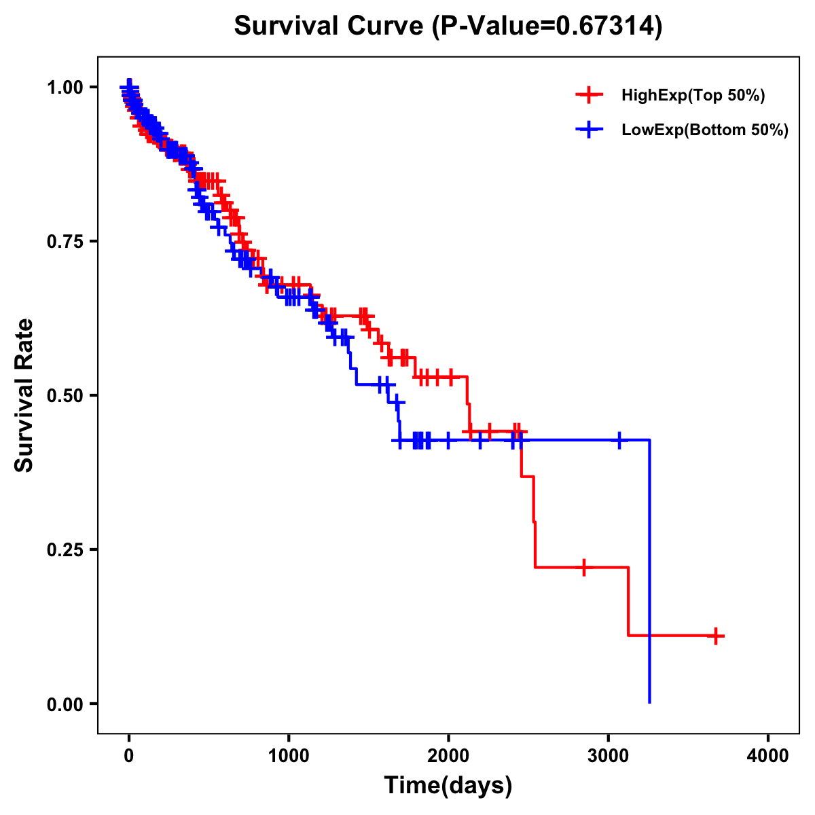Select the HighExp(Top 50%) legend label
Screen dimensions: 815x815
(x=693, y=95)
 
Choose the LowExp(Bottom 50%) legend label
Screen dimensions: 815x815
(x=705, y=130)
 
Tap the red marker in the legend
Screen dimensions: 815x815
(x=589, y=95)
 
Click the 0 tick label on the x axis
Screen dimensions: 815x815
(x=129, y=756)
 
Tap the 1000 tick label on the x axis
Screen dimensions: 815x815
(x=289, y=756)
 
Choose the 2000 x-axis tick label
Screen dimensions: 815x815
(x=448, y=756)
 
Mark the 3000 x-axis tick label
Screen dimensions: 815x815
(x=609, y=756)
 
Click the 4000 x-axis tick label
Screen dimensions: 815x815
(x=768, y=756)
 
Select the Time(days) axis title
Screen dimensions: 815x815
(x=448, y=786)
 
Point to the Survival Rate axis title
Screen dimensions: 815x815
(x=24, y=395)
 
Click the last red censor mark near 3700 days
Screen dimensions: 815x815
(x=715, y=636)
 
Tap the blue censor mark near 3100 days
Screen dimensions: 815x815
(x=619, y=440)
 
